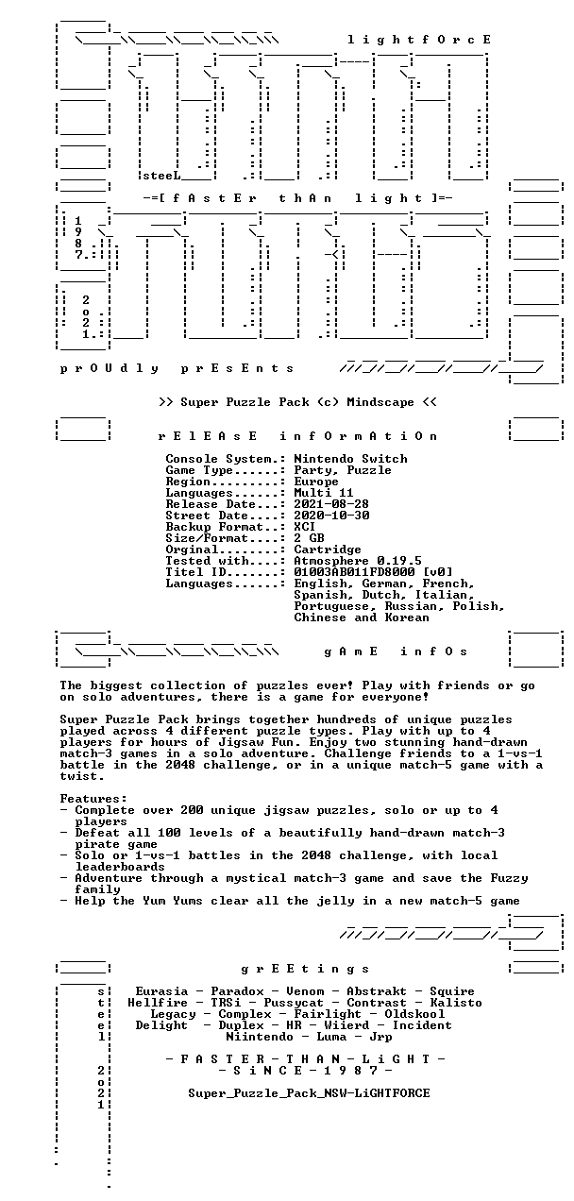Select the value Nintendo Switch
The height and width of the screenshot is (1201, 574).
point(350,459)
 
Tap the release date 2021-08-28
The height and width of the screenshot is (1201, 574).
point(331,504)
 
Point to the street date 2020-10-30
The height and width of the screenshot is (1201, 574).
point(331,516)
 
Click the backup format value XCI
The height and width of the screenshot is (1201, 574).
point(304,527)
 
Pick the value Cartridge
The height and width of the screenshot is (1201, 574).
point(328,550)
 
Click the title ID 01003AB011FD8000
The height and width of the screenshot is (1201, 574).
point(354,572)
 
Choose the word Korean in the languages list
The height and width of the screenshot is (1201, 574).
point(407,617)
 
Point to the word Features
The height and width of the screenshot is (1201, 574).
point(93,799)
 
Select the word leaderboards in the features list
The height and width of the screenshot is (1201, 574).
point(120,867)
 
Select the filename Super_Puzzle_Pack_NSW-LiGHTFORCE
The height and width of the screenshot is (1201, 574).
point(309,1093)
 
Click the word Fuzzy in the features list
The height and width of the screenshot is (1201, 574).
point(509,878)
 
